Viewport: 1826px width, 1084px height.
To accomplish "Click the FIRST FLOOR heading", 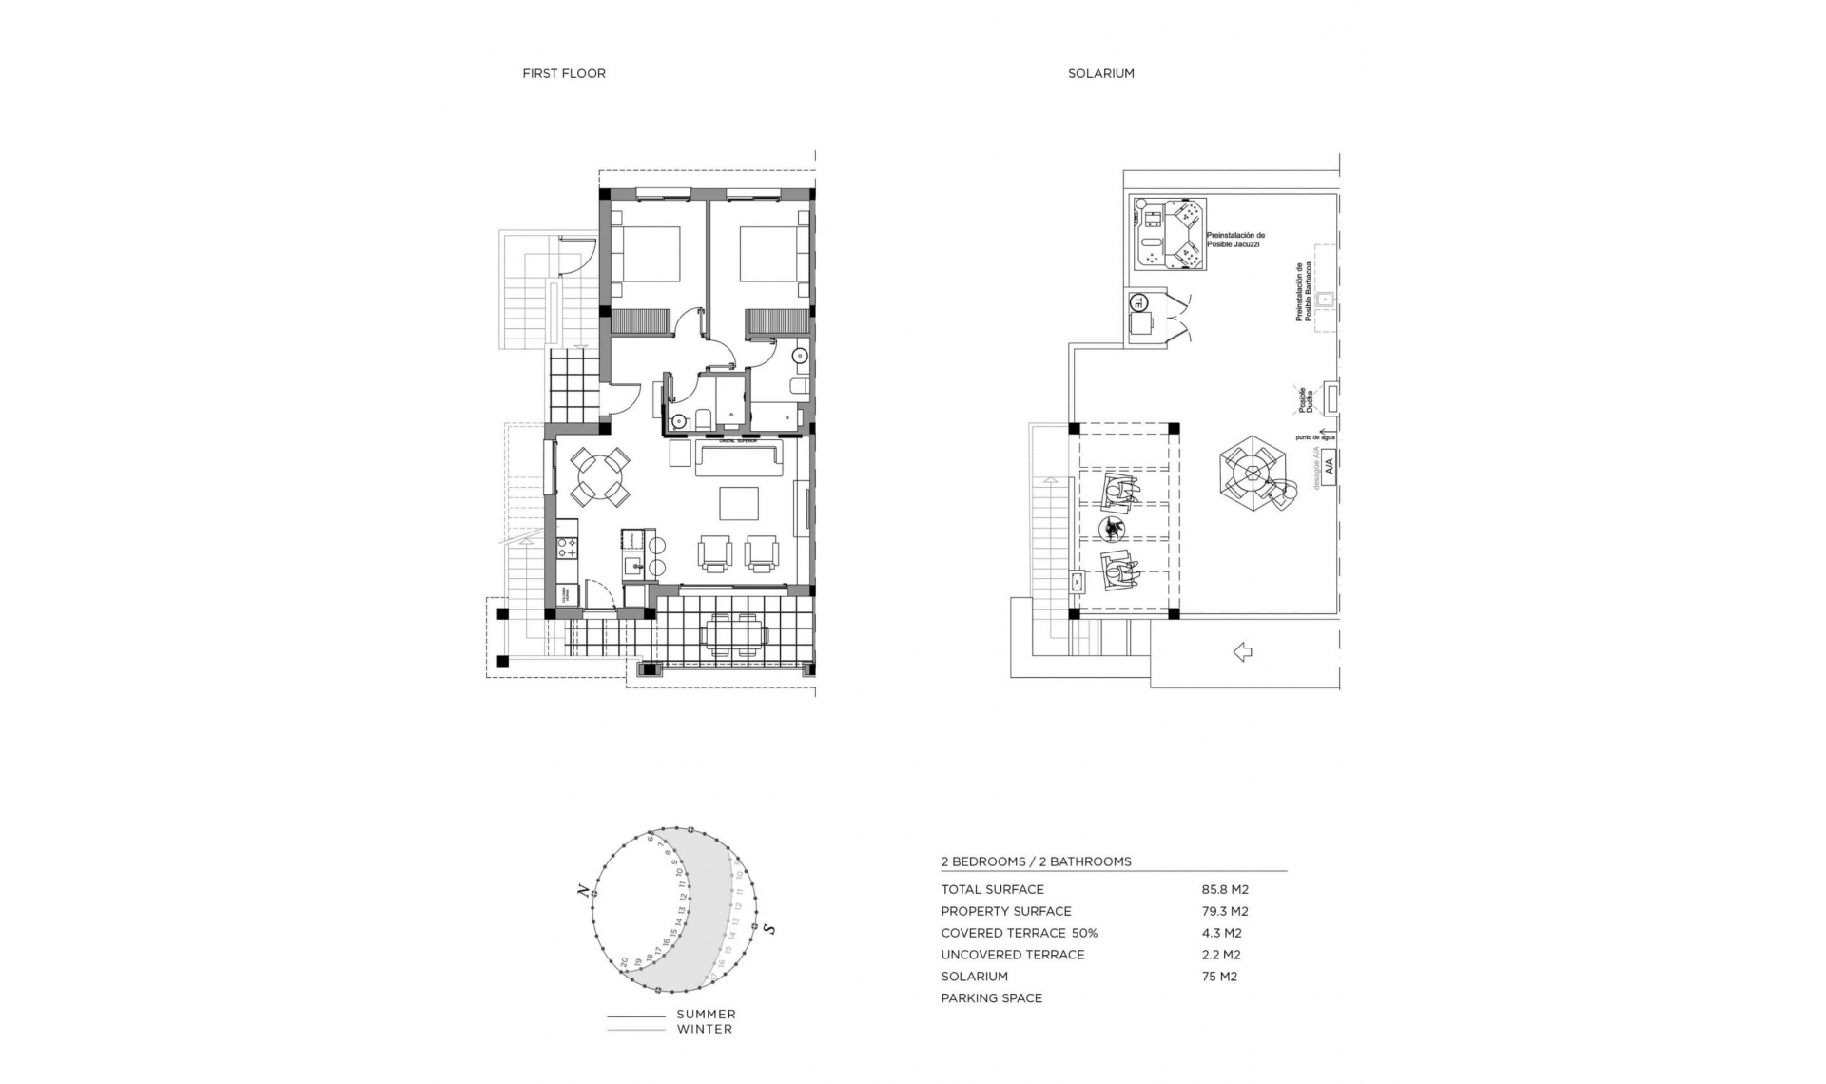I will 563,73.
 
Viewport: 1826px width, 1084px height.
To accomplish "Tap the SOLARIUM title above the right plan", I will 1100,73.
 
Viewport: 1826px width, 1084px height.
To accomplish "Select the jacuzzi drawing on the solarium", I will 1169,233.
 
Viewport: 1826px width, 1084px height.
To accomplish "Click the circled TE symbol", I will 1136,302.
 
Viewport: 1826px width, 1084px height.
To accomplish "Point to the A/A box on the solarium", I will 1329,466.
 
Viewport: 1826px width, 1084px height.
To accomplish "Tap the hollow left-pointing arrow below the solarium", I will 1242,651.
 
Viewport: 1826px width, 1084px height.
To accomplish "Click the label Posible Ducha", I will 1306,399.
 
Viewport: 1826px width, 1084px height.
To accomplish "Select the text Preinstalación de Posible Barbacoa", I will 1303,292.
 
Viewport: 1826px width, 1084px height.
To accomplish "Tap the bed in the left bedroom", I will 646,254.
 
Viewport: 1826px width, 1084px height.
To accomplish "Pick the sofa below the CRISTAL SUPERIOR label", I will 738,459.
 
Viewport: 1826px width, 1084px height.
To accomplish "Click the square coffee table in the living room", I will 738,503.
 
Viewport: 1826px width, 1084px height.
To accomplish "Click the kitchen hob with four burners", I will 567,547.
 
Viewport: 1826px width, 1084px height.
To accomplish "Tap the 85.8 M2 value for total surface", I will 1225,890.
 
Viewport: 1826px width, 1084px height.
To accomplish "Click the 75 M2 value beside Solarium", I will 1219,977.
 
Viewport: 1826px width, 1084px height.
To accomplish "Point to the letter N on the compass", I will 580,890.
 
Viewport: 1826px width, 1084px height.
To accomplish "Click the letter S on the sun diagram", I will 769,929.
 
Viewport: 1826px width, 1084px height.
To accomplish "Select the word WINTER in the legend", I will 705,1029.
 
